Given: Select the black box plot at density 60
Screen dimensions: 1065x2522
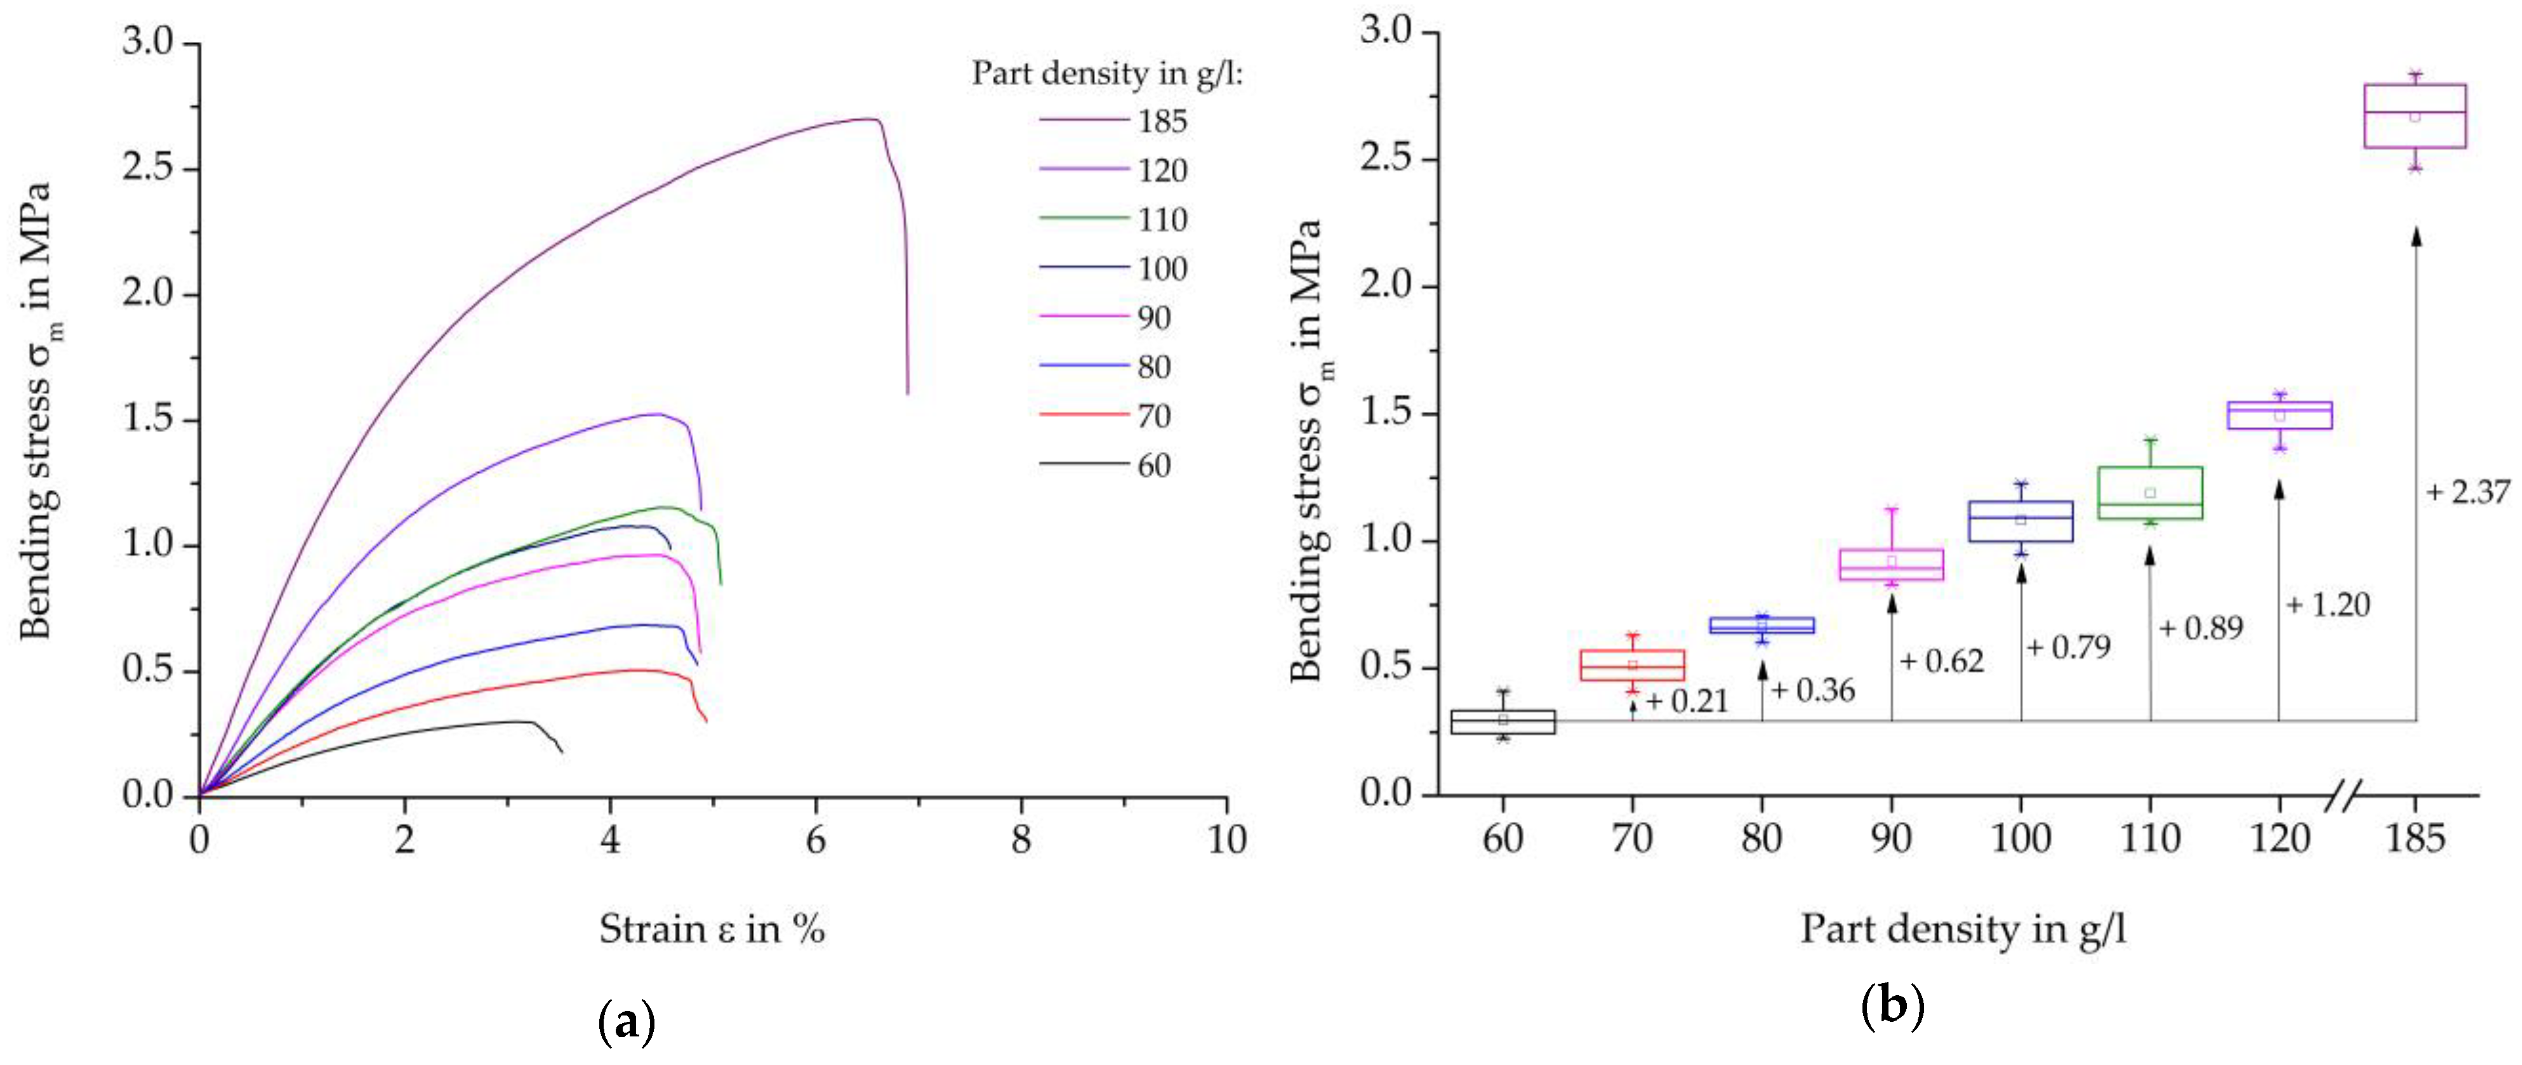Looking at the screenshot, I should tap(1502, 722).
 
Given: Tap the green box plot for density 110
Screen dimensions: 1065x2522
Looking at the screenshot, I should tap(2150, 493).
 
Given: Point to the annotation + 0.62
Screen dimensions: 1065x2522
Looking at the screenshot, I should tap(1941, 662).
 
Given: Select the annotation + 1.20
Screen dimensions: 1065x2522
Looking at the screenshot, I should tap(2328, 605).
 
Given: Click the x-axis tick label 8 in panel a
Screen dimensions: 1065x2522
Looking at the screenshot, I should tap(1021, 840).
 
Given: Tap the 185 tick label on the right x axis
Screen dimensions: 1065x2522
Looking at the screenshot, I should tap(2415, 839).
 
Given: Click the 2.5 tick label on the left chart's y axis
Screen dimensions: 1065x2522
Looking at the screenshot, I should tap(147, 168).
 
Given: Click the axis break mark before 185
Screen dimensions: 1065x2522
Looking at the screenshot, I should tap(2345, 795).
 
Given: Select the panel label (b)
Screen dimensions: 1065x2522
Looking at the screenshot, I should tap(1892, 1006).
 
